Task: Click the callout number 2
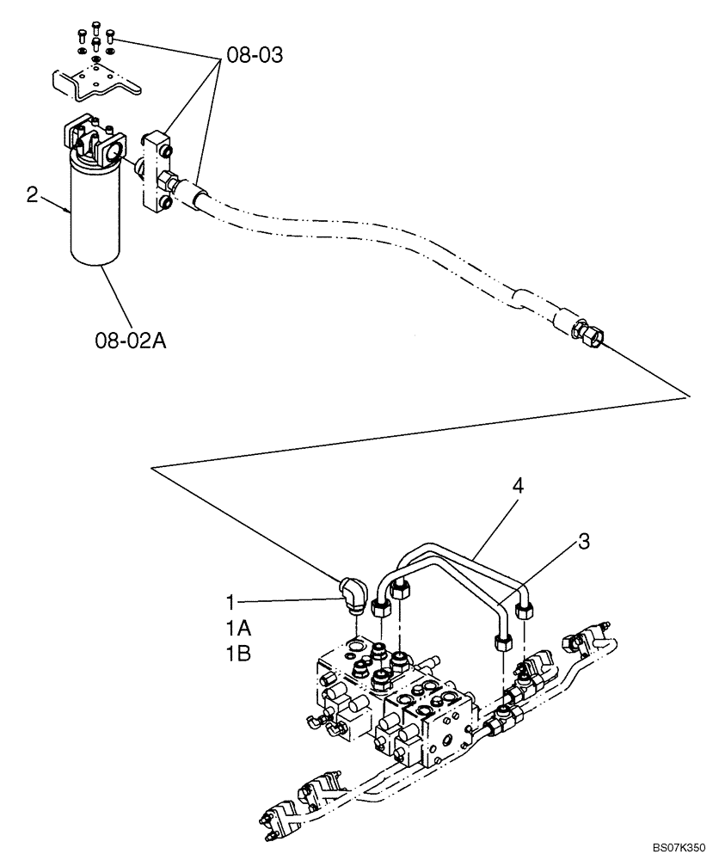(x=32, y=196)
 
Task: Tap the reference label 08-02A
(x=130, y=342)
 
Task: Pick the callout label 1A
(x=238, y=626)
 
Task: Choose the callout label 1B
(x=238, y=654)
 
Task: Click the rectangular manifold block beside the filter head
(x=158, y=168)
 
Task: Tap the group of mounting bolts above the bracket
(x=94, y=35)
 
